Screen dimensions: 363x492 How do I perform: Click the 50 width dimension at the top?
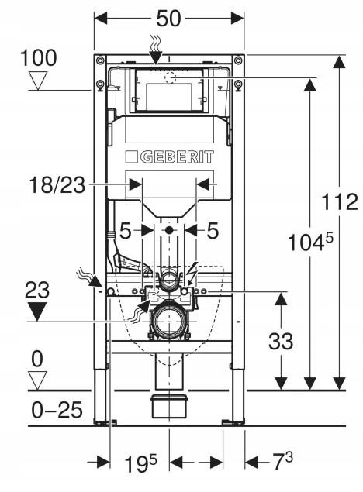tap(168, 18)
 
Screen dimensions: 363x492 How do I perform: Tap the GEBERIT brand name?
tap(177, 157)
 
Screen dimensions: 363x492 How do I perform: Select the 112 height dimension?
tap(340, 201)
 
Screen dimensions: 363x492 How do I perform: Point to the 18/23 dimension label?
tap(57, 185)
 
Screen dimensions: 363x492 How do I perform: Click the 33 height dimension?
tap(281, 341)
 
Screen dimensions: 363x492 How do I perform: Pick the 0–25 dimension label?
tap(57, 410)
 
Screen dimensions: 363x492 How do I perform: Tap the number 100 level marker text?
tap(38, 58)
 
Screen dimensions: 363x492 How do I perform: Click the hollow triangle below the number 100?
tap(38, 81)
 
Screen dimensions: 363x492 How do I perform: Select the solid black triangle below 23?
tap(37, 311)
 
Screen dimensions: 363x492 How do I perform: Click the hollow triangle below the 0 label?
tap(37, 380)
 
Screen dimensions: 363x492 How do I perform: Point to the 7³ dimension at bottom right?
tap(283, 461)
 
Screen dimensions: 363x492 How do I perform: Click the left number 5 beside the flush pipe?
tap(126, 231)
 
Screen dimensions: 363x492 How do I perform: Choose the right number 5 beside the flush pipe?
tap(213, 231)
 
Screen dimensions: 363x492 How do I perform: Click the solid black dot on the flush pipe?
tap(169, 230)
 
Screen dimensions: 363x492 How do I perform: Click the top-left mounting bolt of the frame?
tap(100, 60)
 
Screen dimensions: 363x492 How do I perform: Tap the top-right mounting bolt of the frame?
tap(238, 60)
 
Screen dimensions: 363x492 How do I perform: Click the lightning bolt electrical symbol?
tap(192, 274)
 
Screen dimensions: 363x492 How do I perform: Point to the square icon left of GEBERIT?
tap(132, 157)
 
